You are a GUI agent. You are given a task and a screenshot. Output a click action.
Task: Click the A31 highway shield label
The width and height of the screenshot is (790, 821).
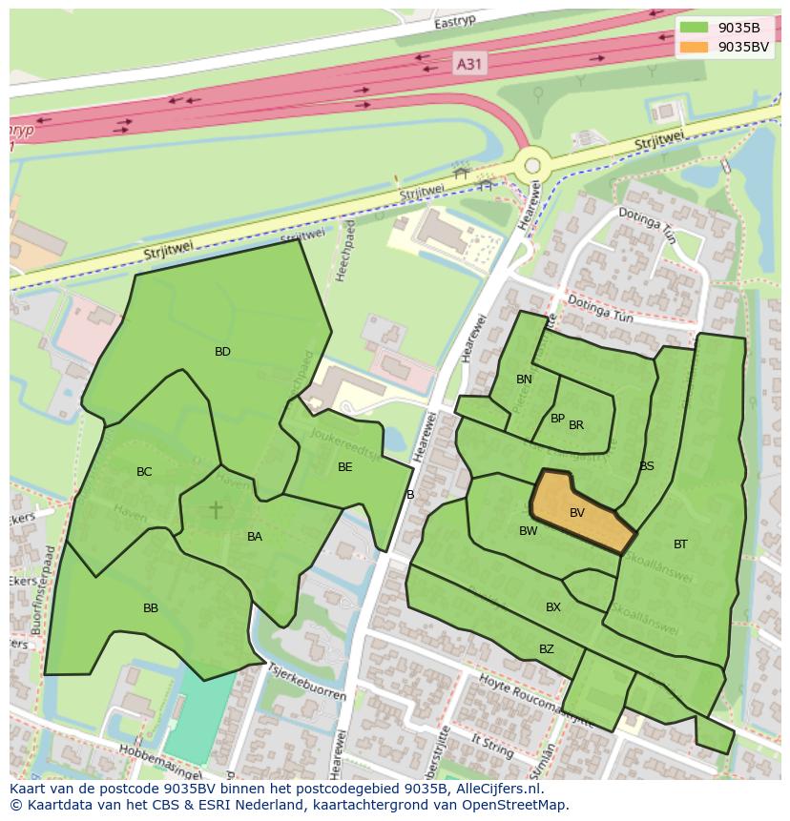(x=468, y=64)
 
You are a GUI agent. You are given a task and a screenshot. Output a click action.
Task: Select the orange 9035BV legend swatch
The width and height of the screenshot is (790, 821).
(x=694, y=47)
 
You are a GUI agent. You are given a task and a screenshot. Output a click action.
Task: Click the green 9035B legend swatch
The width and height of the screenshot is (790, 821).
(x=694, y=28)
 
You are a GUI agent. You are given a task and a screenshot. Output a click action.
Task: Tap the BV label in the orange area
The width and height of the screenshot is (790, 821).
(x=577, y=513)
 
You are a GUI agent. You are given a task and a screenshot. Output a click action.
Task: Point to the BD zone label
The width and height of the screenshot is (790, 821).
(x=222, y=352)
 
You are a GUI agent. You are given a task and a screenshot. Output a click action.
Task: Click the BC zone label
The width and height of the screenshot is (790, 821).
(x=144, y=472)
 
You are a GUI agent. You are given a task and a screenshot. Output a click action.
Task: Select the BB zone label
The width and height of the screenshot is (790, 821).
(x=151, y=608)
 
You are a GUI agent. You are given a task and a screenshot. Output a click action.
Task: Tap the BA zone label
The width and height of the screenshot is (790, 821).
(x=255, y=537)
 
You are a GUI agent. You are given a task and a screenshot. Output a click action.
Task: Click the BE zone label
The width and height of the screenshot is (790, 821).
(x=345, y=467)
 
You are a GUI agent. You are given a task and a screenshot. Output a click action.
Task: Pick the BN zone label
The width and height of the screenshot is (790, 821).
(x=524, y=380)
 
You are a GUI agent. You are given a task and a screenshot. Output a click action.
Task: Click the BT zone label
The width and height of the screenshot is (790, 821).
(x=680, y=544)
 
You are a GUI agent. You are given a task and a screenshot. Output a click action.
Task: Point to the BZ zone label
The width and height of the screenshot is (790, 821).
(x=547, y=649)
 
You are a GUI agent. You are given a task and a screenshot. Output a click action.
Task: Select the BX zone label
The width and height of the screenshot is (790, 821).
(x=553, y=607)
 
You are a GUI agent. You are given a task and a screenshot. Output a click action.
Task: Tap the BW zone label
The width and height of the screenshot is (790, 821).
(x=528, y=531)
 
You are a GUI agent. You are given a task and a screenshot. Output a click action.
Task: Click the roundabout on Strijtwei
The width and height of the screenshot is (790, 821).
(x=532, y=164)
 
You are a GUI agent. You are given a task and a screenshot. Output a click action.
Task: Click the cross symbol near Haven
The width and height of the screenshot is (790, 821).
(x=216, y=509)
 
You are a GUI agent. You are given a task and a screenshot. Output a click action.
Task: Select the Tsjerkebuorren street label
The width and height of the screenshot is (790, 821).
(x=307, y=682)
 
